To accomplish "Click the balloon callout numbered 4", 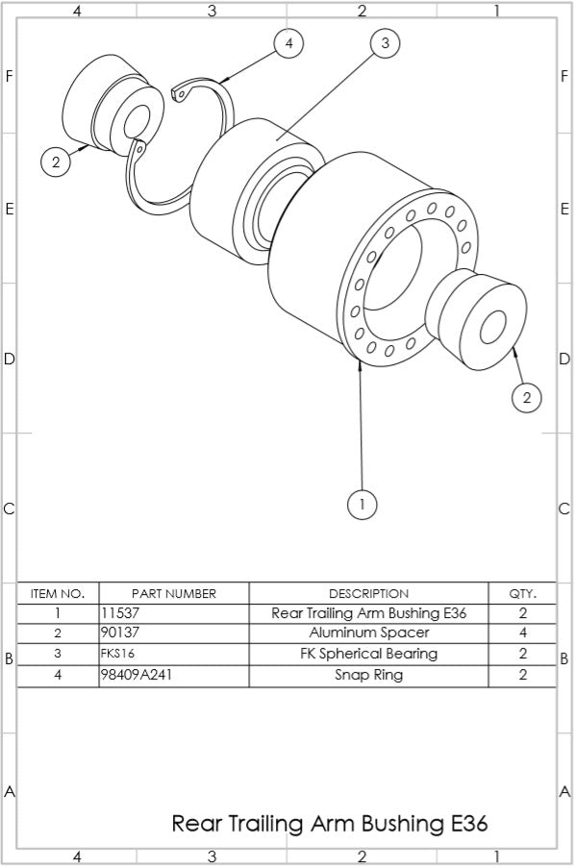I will pos(288,43).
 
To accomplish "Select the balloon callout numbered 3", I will pos(385,43).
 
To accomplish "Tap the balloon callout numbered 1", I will pos(362,504).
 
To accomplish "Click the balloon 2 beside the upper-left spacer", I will pos(56,161).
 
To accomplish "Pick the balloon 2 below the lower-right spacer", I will pos(526,396).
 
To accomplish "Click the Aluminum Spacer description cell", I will pos(368,633).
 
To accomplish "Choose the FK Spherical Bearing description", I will pos(368,655).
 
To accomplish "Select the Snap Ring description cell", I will pos(368,675).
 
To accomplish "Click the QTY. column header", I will pos(522,593).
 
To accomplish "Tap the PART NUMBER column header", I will pos(173,593).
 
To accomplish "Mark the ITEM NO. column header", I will pos(58,593).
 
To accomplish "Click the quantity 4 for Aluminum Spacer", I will pos(522,633).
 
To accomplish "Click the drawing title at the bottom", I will pos(330,824).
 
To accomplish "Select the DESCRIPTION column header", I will pos(368,593).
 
